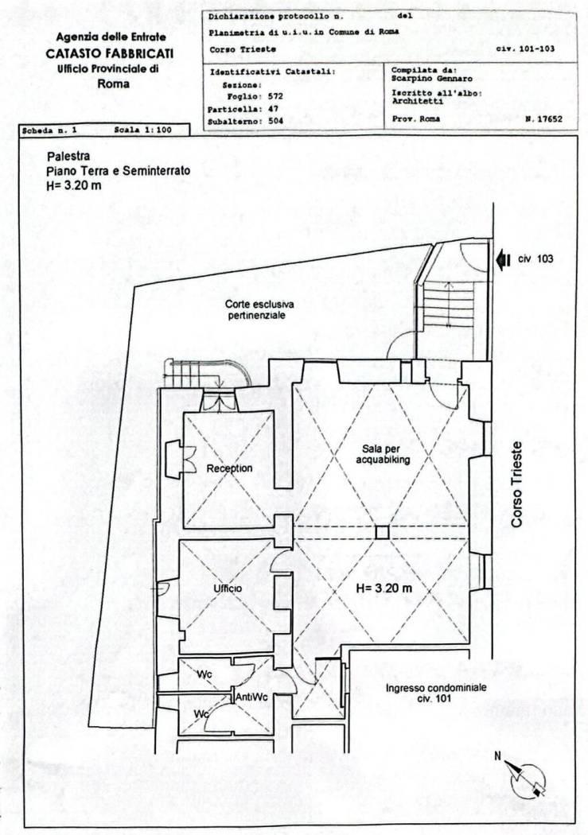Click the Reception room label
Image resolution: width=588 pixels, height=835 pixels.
pyautogui.click(x=230, y=468)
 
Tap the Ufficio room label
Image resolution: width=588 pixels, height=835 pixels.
pyautogui.click(x=228, y=588)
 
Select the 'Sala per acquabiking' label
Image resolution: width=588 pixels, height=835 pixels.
pyautogui.click(x=383, y=455)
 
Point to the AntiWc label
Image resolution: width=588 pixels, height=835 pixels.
pyautogui.click(x=252, y=697)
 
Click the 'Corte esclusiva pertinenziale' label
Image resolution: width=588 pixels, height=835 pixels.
pyautogui.click(x=259, y=310)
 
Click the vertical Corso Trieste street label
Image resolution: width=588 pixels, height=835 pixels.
pyautogui.click(x=516, y=484)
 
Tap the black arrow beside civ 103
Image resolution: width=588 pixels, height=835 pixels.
pyautogui.click(x=502, y=259)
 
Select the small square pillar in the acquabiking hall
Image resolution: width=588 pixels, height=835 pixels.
pyautogui.click(x=382, y=533)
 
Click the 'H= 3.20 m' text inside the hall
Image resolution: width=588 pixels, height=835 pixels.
pyautogui.click(x=384, y=588)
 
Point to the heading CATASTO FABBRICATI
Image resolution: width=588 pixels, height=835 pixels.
pyautogui.click(x=110, y=54)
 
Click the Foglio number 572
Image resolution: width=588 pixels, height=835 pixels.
pyautogui.click(x=276, y=97)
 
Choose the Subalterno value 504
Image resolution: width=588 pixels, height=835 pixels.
pyautogui.click(x=276, y=121)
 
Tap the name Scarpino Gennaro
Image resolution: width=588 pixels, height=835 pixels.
pyautogui.click(x=431, y=79)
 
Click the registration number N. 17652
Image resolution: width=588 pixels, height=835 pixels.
pyautogui.click(x=543, y=119)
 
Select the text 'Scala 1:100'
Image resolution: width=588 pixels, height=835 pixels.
pyautogui.click(x=142, y=130)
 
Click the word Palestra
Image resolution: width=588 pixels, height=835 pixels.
pyautogui.click(x=68, y=157)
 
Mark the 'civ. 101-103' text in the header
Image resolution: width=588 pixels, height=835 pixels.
pyautogui.click(x=525, y=49)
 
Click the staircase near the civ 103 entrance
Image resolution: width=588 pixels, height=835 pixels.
pyautogui.click(x=449, y=305)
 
